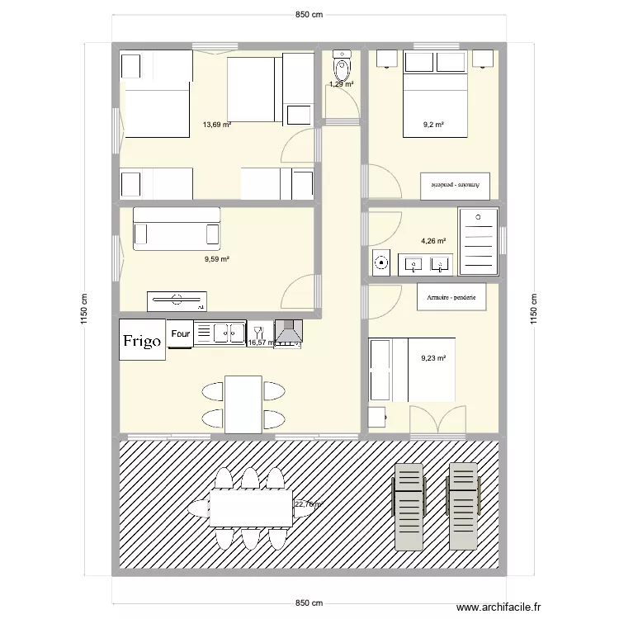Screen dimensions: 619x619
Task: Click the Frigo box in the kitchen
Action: [142, 340]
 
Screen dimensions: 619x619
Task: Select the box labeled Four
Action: [180, 334]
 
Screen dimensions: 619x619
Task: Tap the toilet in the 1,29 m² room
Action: [342, 65]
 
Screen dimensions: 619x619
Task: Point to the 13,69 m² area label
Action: [216, 125]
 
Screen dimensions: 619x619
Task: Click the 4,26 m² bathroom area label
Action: [433, 241]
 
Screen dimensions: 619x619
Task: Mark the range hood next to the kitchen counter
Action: [288, 333]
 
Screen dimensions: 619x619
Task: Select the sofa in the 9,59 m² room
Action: [177, 228]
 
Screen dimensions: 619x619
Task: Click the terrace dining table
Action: [251, 508]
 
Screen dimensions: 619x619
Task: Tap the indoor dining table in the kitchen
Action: [243, 404]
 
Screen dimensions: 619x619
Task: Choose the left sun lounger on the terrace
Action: [409, 506]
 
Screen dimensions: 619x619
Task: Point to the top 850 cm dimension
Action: [309, 14]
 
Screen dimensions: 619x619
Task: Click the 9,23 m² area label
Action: [433, 358]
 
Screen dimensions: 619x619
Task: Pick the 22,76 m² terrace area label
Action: [309, 503]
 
